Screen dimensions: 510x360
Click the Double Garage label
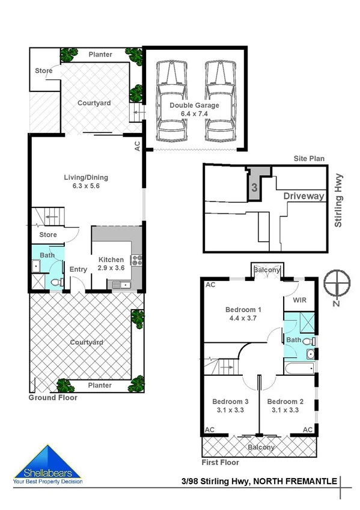[194, 105]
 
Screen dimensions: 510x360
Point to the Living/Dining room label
[85, 182]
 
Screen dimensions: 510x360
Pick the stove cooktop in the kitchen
[136, 260]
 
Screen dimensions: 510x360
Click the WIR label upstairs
[299, 299]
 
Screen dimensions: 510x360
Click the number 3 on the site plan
[254, 188]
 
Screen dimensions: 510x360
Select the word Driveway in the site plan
[304, 196]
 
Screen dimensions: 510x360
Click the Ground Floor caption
[53, 398]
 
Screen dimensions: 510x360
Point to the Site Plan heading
[309, 158]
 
